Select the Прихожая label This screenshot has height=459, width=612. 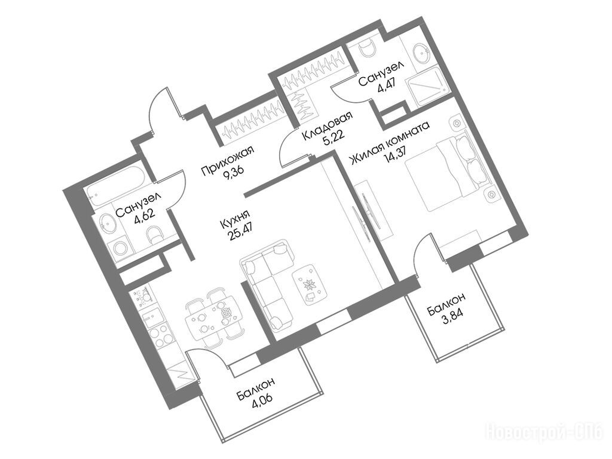[x=227, y=161]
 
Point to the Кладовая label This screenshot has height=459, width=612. [x=328, y=127]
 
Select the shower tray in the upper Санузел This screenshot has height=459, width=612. [x=427, y=86]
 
